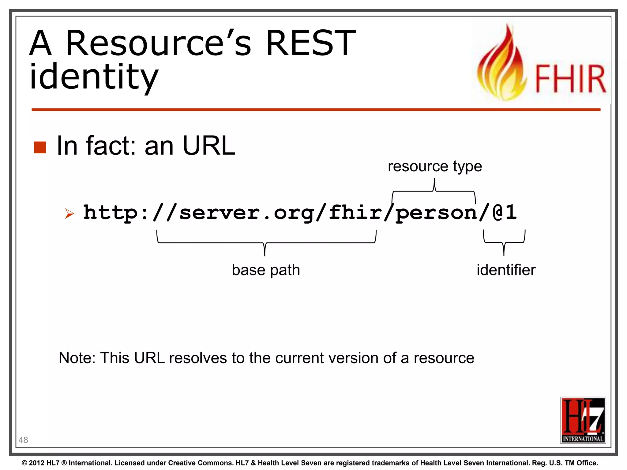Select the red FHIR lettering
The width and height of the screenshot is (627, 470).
tap(570, 79)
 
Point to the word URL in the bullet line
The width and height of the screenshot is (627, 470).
tap(209, 146)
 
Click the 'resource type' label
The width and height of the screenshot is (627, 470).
tap(435, 166)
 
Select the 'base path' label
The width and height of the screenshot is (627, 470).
tap(266, 270)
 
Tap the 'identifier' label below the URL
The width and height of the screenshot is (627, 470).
tap(506, 270)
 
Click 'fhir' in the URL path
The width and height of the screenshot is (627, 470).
tap(355, 212)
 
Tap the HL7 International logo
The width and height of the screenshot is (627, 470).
tap(583, 420)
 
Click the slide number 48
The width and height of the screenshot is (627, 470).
tap(23, 440)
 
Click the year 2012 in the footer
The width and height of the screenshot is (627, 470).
tap(37, 463)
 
